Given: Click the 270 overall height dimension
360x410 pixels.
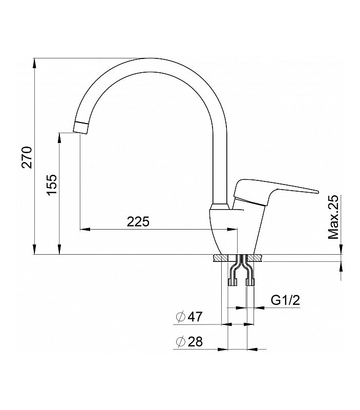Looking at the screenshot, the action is (x=27, y=157).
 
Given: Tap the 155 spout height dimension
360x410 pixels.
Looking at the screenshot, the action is (x=51, y=184).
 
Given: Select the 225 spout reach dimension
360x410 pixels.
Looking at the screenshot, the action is (x=138, y=222).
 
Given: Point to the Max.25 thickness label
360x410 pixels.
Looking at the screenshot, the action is (x=333, y=217).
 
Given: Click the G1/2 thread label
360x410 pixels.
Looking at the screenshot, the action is (x=285, y=300).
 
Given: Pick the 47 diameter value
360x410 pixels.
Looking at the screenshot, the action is (x=195, y=317).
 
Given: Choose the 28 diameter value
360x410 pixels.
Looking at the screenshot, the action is (x=195, y=342).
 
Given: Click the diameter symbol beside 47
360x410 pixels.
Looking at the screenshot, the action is (x=181, y=317).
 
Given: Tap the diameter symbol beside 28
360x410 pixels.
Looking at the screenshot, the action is (x=181, y=342).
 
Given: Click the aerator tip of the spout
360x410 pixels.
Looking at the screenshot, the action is (x=80, y=128).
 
